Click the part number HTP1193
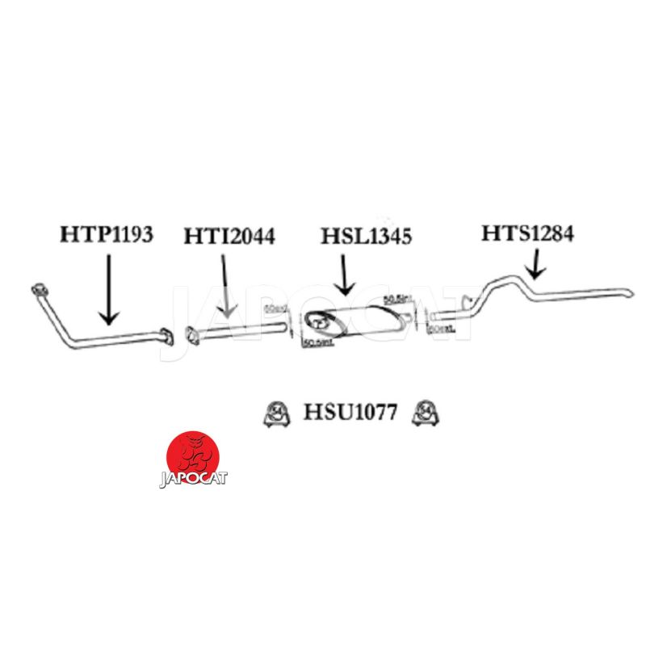(x=107, y=235)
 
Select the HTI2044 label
(x=229, y=237)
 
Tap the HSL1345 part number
(x=367, y=237)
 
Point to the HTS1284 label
(x=528, y=234)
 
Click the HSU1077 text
(x=350, y=413)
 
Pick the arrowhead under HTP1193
(x=109, y=316)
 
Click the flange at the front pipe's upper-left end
(x=36, y=289)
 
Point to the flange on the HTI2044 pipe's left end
(x=192, y=334)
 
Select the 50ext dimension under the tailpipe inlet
(x=438, y=329)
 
